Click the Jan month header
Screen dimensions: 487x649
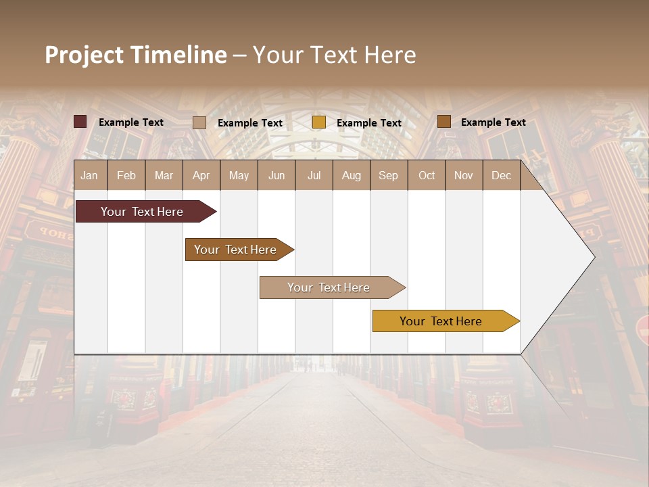90,175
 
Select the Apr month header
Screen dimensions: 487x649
201,175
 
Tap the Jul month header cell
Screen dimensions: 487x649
314,175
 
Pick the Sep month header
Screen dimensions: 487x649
389,175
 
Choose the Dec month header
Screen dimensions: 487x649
501,175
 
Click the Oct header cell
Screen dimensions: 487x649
427,175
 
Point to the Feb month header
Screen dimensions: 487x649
126,175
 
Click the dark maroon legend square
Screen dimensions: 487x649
80,122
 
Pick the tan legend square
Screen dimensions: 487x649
199,122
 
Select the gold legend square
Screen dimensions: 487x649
319,122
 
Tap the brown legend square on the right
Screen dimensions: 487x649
443,122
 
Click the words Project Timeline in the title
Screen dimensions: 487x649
136,55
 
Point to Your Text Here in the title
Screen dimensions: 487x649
334,55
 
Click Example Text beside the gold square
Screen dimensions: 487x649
368,123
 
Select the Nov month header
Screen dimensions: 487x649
464,175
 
